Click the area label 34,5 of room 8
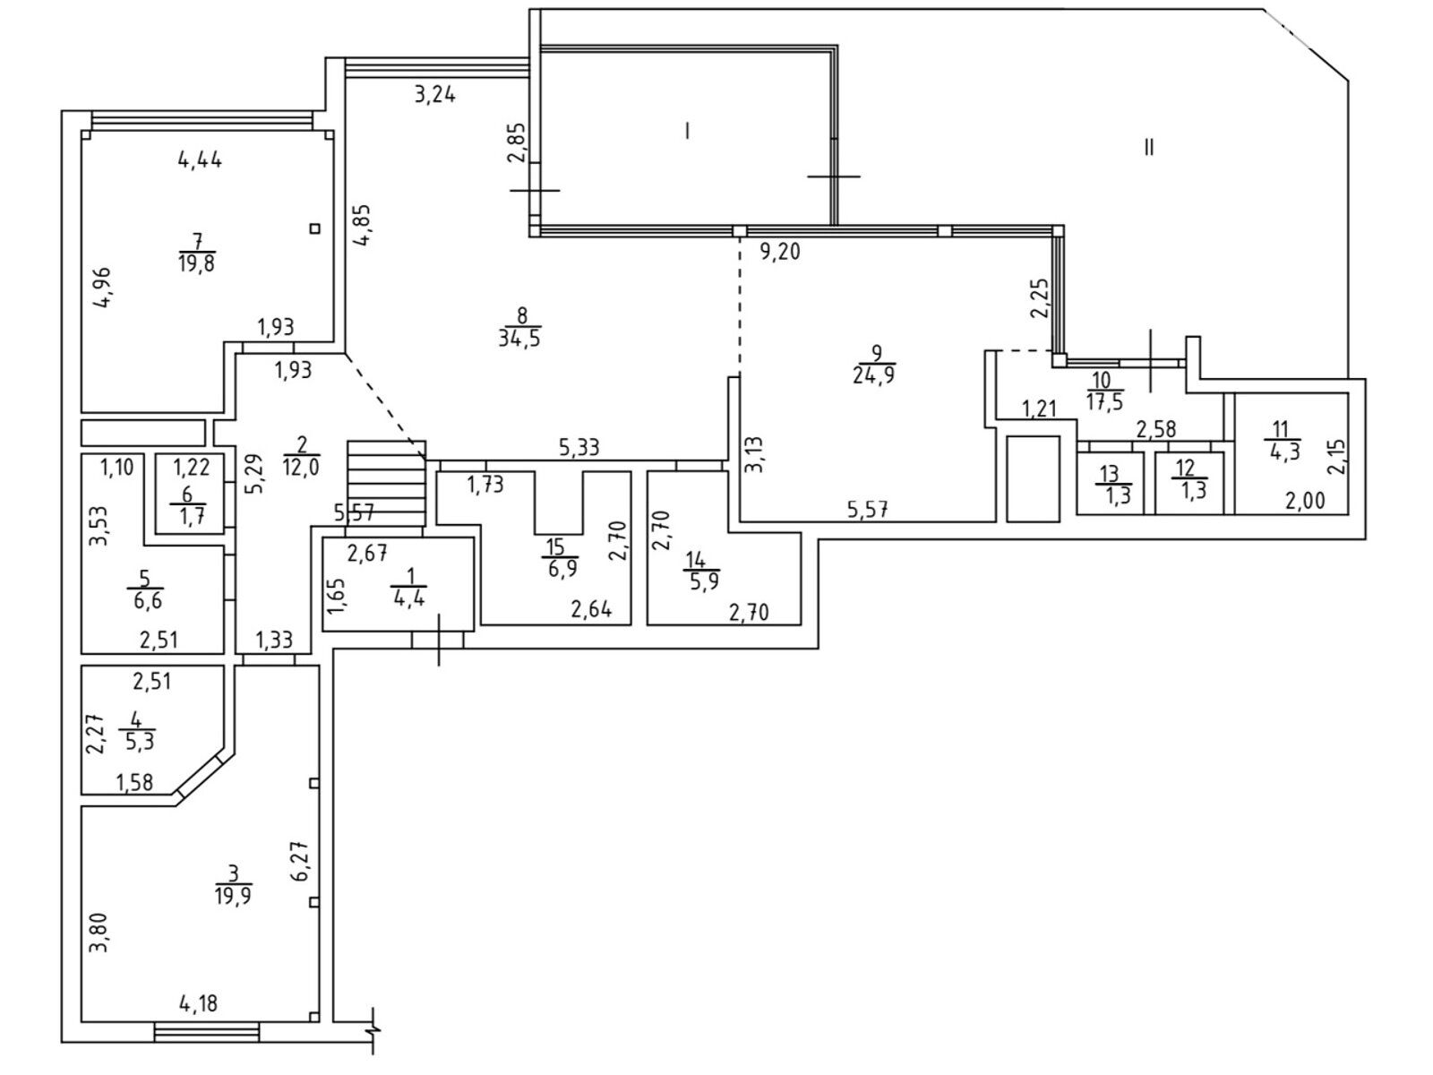[519, 339]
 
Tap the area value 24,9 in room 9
[873, 376]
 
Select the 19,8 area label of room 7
[196, 263]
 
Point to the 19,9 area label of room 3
[233, 895]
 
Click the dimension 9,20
[780, 252]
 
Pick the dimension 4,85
[362, 225]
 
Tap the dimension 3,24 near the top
[435, 95]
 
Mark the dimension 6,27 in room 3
[301, 861]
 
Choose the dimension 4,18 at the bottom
[199, 1003]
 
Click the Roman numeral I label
[687, 131]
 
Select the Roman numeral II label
[1150, 148]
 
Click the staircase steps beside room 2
[387, 484]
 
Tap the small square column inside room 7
[315, 228]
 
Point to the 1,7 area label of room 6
[186, 516]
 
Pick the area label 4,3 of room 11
[1280, 451]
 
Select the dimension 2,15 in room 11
[1337, 457]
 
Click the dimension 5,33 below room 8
[579, 448]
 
